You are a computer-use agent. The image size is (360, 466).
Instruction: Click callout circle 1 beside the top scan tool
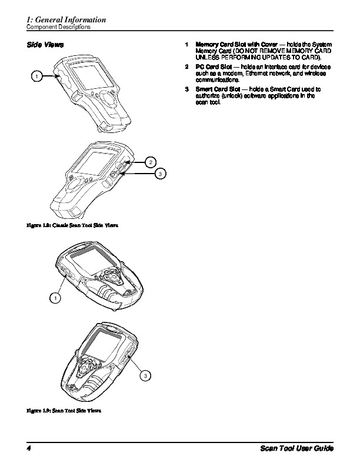tap(36, 76)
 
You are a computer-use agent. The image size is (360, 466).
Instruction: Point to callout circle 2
tap(151, 161)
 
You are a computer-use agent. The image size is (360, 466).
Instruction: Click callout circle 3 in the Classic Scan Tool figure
tap(159, 174)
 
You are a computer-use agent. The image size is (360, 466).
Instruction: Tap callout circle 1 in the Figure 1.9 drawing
tap(54, 298)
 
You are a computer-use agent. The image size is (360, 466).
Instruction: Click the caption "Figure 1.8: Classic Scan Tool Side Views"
tap(68, 226)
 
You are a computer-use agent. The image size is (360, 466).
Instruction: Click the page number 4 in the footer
tap(28, 449)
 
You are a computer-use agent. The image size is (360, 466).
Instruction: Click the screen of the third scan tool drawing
tap(88, 261)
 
